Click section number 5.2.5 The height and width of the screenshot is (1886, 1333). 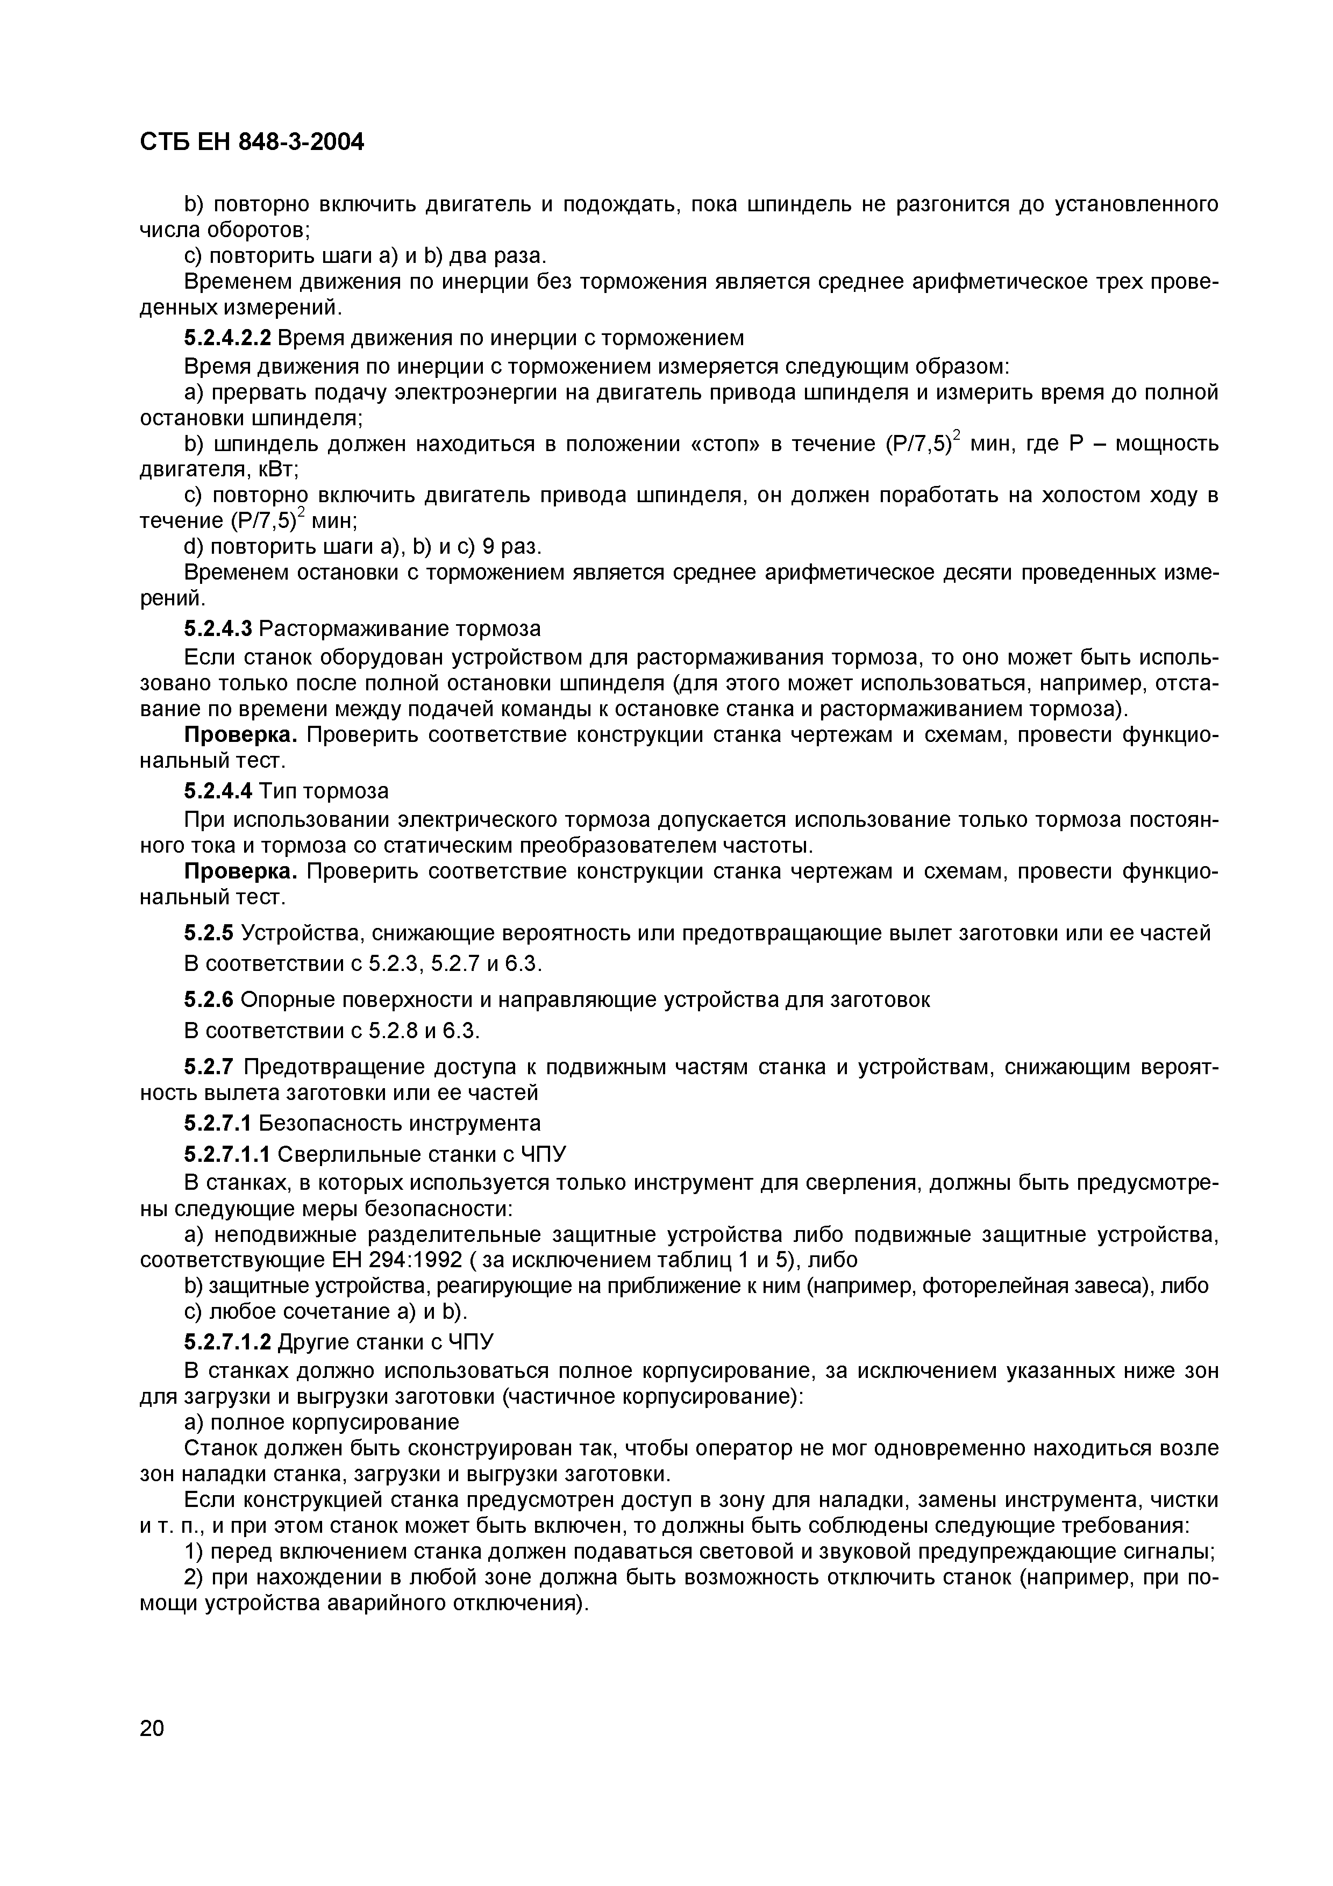[209, 933]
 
